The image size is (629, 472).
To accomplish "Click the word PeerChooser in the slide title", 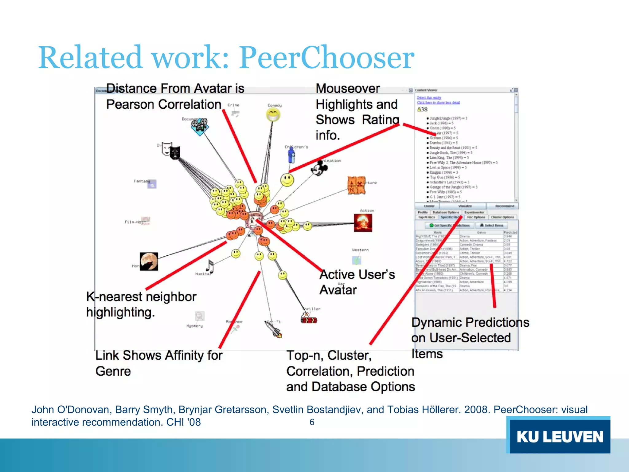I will [x=326, y=57].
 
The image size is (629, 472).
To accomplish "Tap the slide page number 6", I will [x=312, y=422].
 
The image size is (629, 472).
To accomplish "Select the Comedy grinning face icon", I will [x=273, y=115].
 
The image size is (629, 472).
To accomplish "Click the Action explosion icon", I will [x=363, y=222].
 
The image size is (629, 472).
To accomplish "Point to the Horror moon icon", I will [x=149, y=261].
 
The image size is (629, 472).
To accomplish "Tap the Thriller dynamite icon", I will [x=308, y=319].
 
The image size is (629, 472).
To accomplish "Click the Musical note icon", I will [x=210, y=266].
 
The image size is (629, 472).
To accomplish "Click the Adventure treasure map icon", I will [x=356, y=185].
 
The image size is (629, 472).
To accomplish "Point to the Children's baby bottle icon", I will [x=291, y=155].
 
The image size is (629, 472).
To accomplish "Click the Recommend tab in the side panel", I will [x=504, y=206].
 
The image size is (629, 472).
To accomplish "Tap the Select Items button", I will [x=492, y=225].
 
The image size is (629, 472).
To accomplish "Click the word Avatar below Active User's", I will [x=338, y=290].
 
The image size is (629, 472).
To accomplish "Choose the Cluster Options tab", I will [x=502, y=217].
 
